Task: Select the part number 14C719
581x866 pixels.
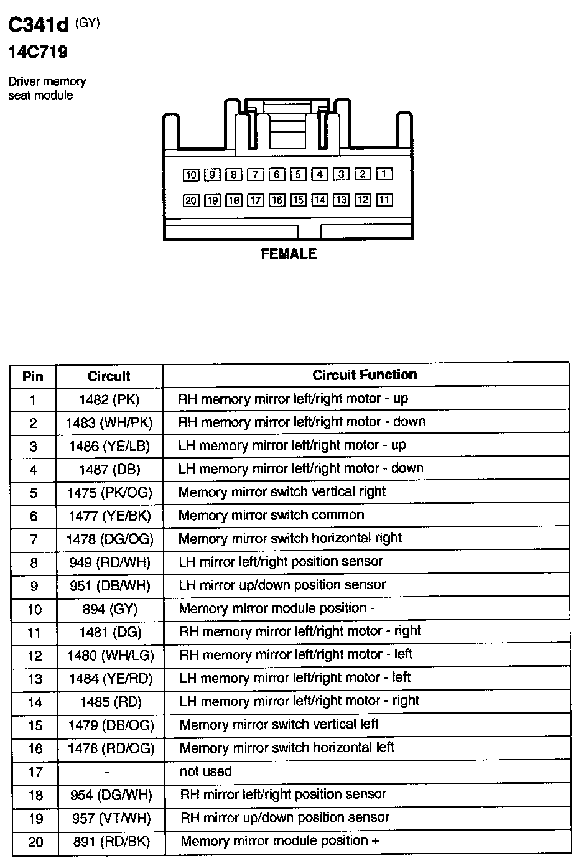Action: [37, 52]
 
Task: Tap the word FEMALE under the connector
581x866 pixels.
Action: [289, 254]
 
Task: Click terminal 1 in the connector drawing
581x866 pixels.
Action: [384, 174]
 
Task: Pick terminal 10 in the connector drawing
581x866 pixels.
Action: [191, 175]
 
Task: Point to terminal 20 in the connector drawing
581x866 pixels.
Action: [191, 200]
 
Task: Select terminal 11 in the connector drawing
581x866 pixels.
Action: [384, 200]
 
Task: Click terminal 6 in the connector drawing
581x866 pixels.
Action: [277, 175]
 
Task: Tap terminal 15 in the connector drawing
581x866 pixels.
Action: [299, 200]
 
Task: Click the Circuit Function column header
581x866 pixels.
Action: [365, 375]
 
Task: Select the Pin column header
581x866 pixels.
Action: [33, 376]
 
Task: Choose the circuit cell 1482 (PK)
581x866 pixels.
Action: [109, 399]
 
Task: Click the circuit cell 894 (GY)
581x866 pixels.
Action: [110, 609]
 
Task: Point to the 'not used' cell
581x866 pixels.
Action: [206, 771]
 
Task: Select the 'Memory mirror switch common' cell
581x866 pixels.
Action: [271, 515]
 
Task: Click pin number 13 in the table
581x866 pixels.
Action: [35, 679]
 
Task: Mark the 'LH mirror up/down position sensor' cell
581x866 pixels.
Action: [282, 585]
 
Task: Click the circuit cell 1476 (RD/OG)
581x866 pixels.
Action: [110, 748]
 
